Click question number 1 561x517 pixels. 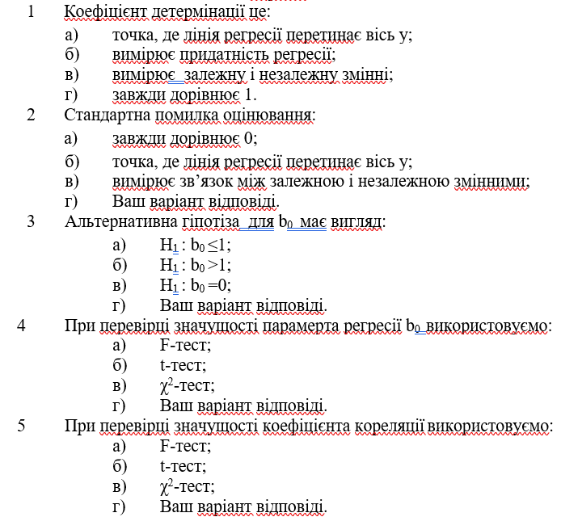[x=31, y=14]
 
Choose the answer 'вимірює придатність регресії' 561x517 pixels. [x=223, y=55]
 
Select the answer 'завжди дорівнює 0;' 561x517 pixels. [x=184, y=138]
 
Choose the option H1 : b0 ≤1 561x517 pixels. [x=196, y=245]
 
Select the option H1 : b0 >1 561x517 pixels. [x=196, y=265]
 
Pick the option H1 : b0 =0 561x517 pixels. [x=196, y=285]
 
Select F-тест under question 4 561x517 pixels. [x=185, y=345]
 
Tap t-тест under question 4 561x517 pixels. [x=183, y=365]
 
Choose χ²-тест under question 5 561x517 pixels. [x=187, y=486]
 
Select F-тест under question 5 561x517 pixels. [x=185, y=446]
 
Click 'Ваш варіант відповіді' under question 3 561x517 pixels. [x=243, y=305]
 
